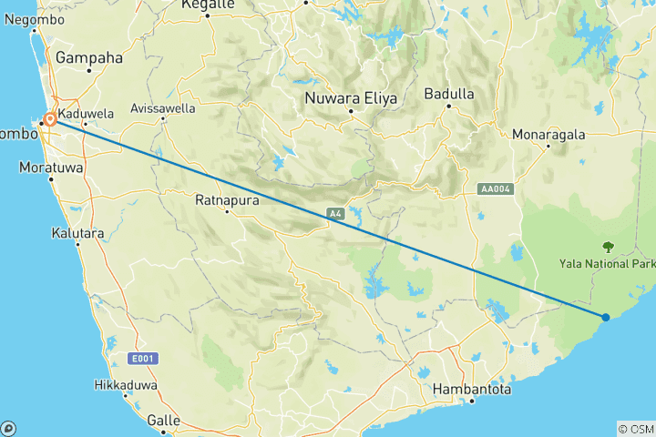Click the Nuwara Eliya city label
[350, 97]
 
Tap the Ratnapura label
[229, 198]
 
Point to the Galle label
[165, 422]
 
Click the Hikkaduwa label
[126, 386]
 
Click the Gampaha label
[88, 57]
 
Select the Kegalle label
[207, 5]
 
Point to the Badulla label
[449, 94]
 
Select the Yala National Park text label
[608, 265]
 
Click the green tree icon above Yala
[608, 246]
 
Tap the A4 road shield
[335, 214]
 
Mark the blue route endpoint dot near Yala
[606, 317]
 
